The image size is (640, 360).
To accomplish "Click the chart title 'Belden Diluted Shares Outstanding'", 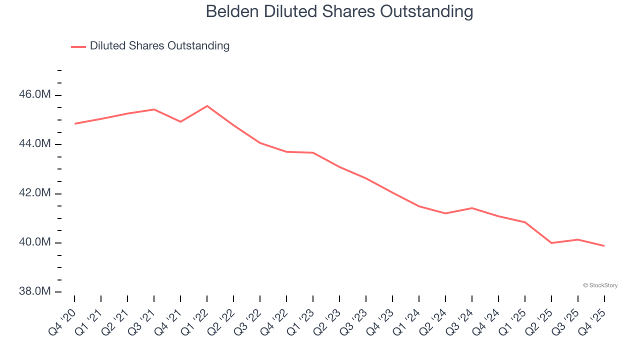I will point(339,11).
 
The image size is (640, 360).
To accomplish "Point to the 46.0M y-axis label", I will point(34,94).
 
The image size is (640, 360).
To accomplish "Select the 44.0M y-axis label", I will point(34,144).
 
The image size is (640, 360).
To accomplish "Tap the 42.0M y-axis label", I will point(34,193).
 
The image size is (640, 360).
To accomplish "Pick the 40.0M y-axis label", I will point(34,242).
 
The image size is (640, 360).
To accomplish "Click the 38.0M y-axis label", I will point(34,291).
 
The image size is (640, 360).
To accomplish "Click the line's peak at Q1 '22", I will point(207,106).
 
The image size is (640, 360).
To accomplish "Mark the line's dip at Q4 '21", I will point(180,121).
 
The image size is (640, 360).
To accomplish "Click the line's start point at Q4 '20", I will point(74,123).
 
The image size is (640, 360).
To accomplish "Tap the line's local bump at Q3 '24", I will point(472,208).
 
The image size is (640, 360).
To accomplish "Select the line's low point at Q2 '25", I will point(551,243).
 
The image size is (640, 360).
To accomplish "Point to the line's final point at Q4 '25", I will point(604,246).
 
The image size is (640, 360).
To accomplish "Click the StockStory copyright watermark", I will point(600,285).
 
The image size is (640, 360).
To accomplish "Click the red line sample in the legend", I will point(78,46).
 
